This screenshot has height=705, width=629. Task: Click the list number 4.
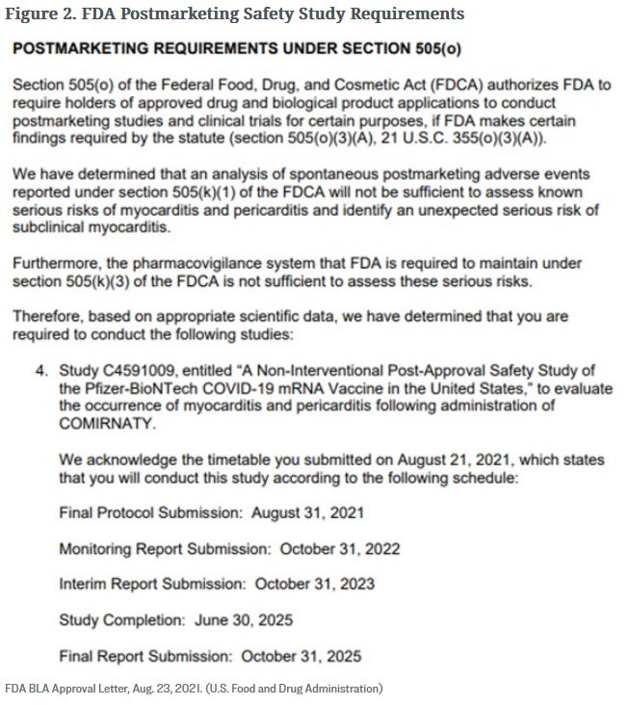(42, 370)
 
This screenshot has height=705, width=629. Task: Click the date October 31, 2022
(340, 549)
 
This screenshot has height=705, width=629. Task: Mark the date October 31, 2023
(315, 584)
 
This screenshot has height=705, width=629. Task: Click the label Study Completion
(120, 619)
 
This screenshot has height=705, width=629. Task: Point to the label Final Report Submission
(144, 656)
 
